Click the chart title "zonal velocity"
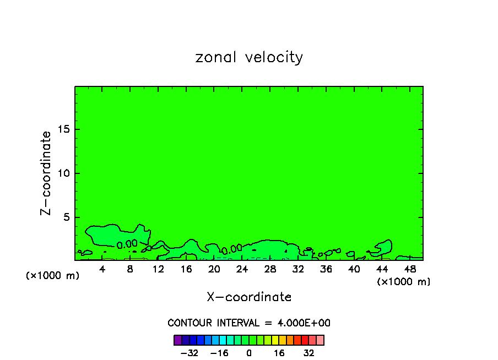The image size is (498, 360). [x=249, y=57]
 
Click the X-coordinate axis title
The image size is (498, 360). [x=249, y=297]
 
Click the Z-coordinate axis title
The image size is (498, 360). [x=47, y=173]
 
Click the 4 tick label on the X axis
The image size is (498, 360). [x=102, y=269]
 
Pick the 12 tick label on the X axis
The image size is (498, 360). [x=158, y=269]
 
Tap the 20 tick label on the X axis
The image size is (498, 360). [x=214, y=269]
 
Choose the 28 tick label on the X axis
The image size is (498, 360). [x=270, y=269]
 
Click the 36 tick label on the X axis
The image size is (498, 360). [x=326, y=269]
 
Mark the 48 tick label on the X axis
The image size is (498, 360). [x=410, y=269]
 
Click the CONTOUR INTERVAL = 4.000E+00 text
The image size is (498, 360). [x=249, y=323]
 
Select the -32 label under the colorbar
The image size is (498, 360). [x=189, y=353]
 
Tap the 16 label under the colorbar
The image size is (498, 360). [x=279, y=353]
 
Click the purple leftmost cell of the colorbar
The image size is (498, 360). [x=177, y=340]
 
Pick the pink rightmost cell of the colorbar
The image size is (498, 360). [x=320, y=340]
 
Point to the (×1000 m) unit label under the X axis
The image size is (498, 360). [x=404, y=282]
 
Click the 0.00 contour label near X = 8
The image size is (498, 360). [x=127, y=243]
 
